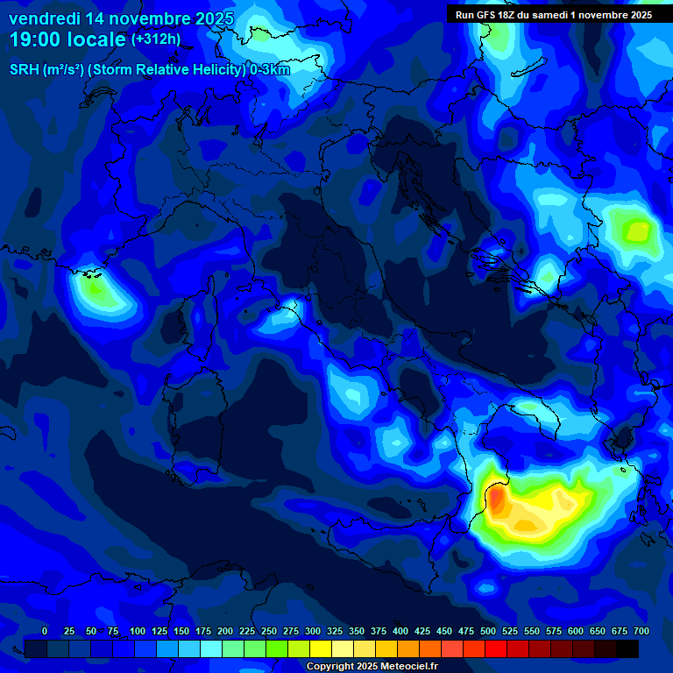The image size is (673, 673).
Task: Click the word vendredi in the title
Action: pos(43,19)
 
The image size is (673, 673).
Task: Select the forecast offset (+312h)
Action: pos(156,39)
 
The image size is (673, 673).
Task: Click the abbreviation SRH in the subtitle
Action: pos(25,70)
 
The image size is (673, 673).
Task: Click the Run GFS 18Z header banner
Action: pos(553,15)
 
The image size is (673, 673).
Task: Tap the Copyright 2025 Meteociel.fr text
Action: pos(372,667)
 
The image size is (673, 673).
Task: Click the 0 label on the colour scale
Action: pos(45,632)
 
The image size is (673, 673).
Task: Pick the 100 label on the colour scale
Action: pos(138,632)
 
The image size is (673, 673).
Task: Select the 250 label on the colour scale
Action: pos(269,632)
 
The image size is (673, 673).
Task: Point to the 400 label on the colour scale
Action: pos(400,632)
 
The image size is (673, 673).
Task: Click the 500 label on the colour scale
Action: pos(488,632)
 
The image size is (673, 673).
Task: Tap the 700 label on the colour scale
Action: pos(641,632)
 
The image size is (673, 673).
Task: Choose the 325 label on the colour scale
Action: pos(335,632)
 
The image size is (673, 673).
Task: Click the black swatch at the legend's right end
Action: pos(627,648)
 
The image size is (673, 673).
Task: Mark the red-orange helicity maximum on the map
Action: pos(495,500)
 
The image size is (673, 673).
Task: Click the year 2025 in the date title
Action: pos(214,19)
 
